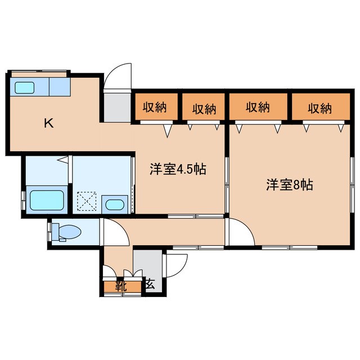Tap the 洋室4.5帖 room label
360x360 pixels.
click(x=177, y=169)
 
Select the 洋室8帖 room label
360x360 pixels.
click(x=290, y=184)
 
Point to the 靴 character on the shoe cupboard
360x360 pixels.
click(x=120, y=285)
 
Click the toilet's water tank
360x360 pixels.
click(x=55, y=232)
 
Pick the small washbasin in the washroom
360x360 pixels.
click(x=115, y=205)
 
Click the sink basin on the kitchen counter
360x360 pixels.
click(x=25, y=87)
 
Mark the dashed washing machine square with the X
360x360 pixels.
click(x=87, y=201)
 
